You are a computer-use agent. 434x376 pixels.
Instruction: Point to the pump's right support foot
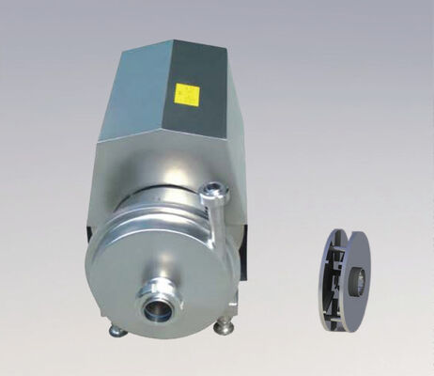tap(224, 327)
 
